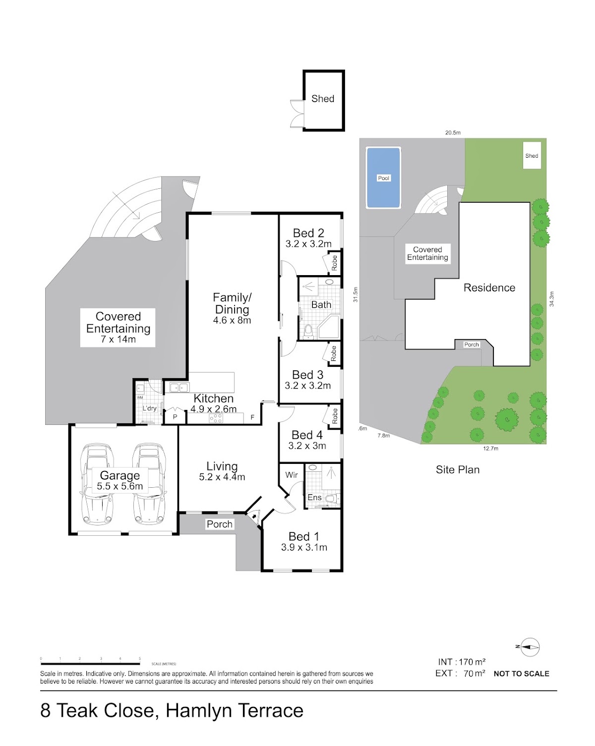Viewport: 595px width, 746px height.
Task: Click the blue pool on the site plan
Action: pos(383,178)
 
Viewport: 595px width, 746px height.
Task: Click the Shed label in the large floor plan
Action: pos(322,99)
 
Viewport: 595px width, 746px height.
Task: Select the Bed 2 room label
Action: pos(308,233)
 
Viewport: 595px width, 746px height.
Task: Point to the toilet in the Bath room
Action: pos(307,332)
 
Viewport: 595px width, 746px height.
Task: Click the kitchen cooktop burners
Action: pos(216,418)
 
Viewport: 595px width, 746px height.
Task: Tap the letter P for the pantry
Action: pos(175,417)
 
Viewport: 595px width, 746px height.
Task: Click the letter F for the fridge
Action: pos(252,417)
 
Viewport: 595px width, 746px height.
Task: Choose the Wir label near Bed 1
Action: pos(291,474)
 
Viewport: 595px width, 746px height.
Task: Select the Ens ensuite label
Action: pos(314,497)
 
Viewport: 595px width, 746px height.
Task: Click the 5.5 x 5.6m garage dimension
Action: pos(119,486)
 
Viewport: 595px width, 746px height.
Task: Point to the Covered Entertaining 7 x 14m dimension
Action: pos(118,339)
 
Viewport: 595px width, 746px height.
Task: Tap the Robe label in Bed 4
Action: pos(335,416)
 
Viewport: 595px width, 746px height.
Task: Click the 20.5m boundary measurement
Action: pos(453,132)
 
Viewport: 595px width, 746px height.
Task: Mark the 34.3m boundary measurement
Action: pos(551,299)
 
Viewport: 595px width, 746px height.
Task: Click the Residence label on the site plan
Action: pos(489,287)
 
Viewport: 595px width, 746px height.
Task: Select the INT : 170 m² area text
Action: pos(462,662)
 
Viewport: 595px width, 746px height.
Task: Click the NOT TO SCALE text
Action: pos(521,674)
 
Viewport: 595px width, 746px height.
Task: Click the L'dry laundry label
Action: pos(149,408)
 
